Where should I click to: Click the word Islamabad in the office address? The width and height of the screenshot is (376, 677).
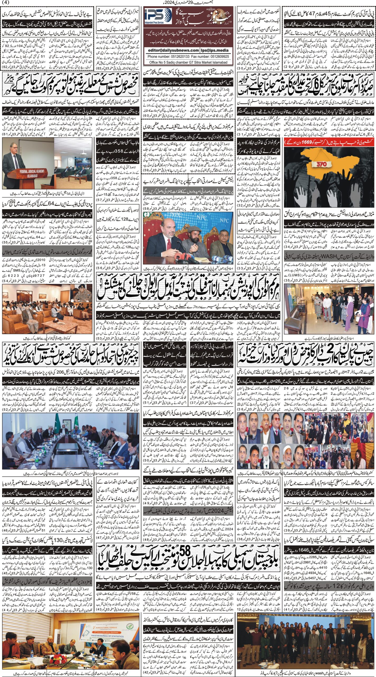(x=218, y=62)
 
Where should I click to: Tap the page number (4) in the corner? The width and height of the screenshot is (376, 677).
(x=5, y=2)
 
